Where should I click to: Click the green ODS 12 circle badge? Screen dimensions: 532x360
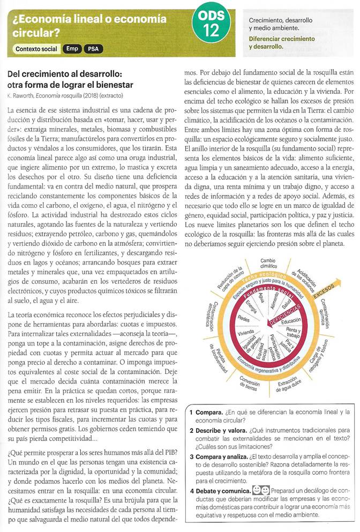coord(213,25)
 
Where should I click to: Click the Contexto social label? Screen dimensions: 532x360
coord(36,49)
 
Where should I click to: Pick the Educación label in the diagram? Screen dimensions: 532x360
coord(291,321)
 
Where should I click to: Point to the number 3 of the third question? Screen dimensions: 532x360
coord(191,456)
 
